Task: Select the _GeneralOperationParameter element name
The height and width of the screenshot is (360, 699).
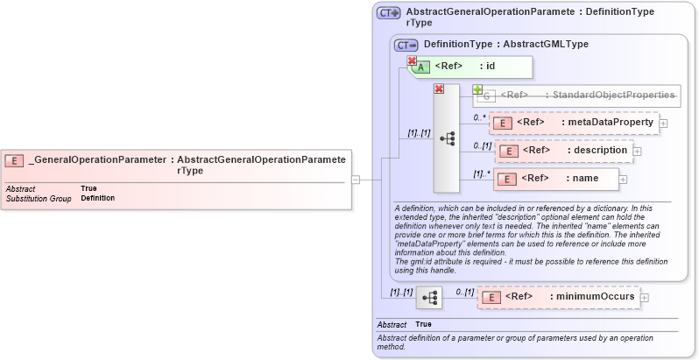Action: coord(97,160)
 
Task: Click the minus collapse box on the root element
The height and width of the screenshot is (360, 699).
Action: coord(355,180)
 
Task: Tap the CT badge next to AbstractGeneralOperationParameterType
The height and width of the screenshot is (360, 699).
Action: coord(389,13)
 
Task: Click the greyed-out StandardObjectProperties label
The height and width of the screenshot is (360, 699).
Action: coord(611,95)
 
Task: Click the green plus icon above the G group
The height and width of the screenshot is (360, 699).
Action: coord(478,89)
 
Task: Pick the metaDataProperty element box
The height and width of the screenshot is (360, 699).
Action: coord(574,123)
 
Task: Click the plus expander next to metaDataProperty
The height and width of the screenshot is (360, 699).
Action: coord(663,124)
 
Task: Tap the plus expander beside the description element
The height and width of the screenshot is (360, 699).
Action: coord(637,152)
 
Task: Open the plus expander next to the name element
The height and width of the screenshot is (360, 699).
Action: coord(623,180)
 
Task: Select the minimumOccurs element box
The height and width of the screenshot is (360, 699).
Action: coord(559,297)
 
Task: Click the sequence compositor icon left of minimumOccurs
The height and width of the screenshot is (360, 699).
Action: coord(429,298)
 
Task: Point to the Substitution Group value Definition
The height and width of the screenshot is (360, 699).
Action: coord(97,198)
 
